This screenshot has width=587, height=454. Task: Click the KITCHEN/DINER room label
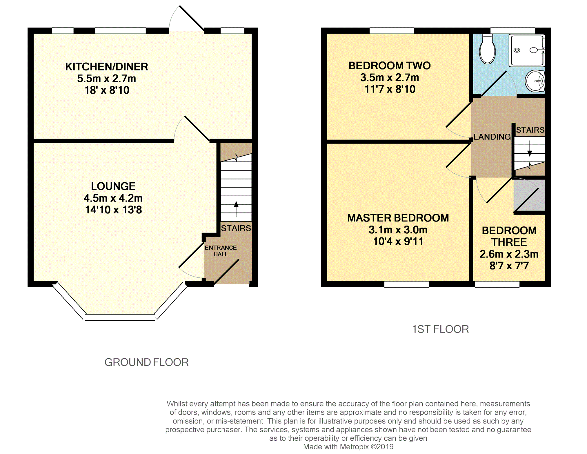click(107, 67)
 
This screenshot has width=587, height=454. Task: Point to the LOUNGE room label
click(113, 186)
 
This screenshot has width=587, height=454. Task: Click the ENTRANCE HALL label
click(221, 251)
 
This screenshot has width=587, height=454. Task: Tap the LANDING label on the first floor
click(492, 137)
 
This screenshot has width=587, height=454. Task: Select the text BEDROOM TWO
click(390, 66)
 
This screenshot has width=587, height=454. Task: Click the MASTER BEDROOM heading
click(398, 218)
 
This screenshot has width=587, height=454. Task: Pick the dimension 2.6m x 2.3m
click(509, 254)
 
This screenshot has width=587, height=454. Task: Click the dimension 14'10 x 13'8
click(114, 210)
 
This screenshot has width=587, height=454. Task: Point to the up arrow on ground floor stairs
click(236, 209)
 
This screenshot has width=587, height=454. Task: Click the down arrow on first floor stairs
click(530, 149)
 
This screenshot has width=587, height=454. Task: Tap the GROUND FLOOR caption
click(147, 362)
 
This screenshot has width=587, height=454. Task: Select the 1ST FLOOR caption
click(440, 329)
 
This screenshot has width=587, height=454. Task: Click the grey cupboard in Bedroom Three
click(529, 195)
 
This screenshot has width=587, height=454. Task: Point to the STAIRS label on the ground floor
click(236, 228)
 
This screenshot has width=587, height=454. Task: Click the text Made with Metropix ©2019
click(348, 447)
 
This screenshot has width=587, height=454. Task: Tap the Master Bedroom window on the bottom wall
click(406, 284)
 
